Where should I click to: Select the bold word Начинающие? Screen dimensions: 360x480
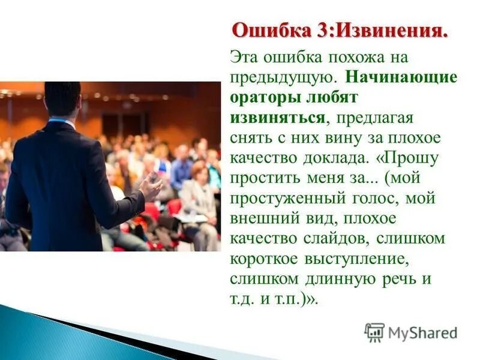click(401, 77)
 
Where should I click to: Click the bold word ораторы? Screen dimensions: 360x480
click(263, 97)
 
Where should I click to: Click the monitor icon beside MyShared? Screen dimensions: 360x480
click(374, 332)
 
